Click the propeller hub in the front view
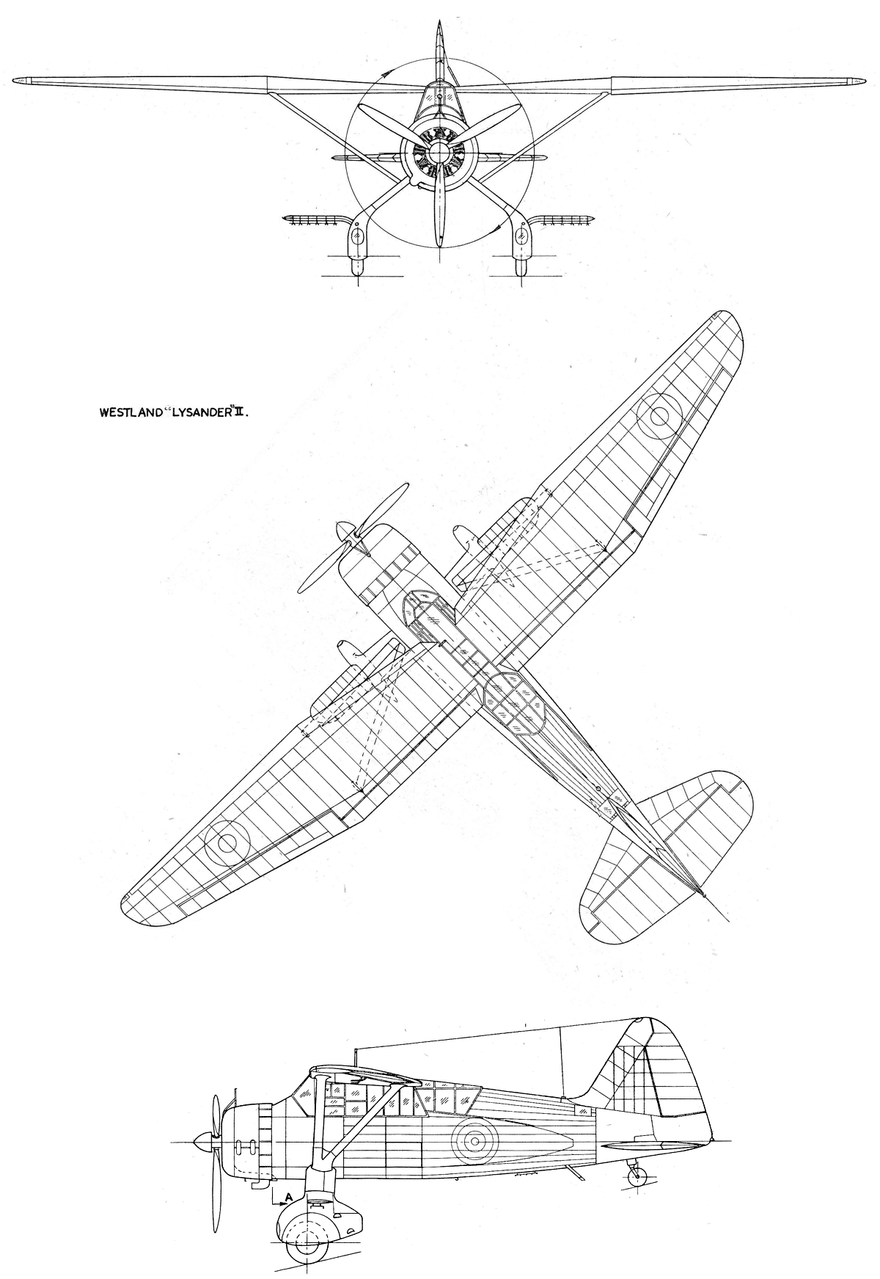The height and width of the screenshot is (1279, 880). [x=439, y=152]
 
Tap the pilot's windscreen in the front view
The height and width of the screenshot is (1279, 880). [x=439, y=101]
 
